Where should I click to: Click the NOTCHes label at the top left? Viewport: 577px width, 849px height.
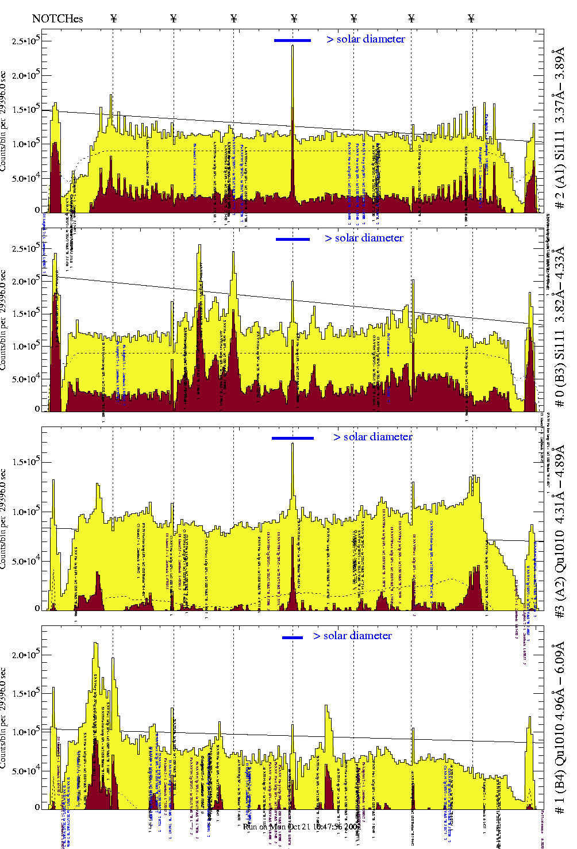click(x=57, y=18)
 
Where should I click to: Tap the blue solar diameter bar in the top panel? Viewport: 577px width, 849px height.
click(x=293, y=40)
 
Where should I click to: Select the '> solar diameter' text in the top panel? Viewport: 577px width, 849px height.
click(x=366, y=39)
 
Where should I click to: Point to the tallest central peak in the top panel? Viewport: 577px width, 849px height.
click(x=293, y=47)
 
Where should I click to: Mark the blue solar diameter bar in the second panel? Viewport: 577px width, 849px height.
click(x=293, y=239)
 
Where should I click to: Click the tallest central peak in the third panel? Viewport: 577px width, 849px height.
click(x=293, y=444)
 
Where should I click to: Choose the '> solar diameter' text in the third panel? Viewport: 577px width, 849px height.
click(x=372, y=437)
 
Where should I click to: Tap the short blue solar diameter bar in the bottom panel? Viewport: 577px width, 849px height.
click(x=293, y=637)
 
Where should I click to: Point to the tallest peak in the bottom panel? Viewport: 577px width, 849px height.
click(x=96, y=644)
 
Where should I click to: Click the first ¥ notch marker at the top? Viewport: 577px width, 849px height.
click(x=113, y=18)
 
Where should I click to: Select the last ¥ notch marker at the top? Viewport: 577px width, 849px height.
click(x=471, y=18)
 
